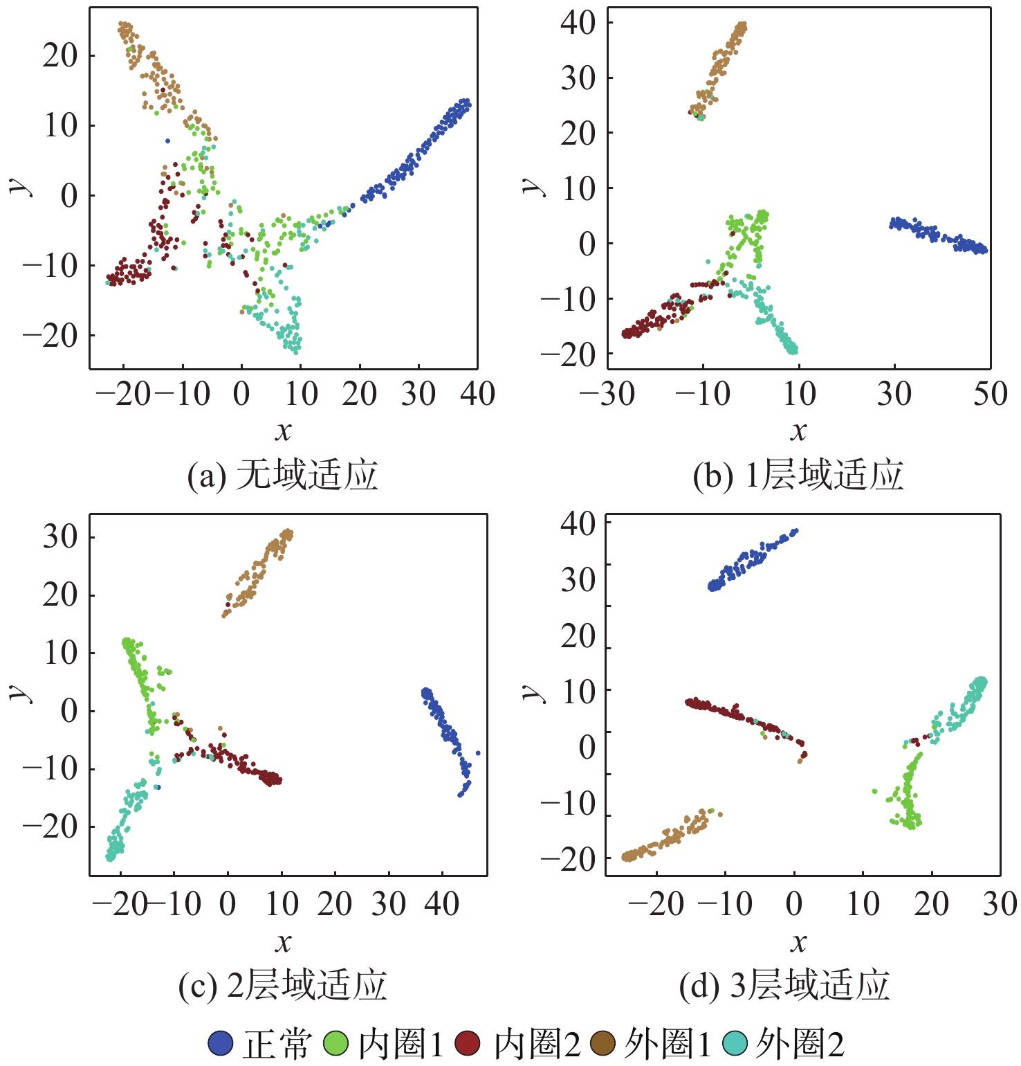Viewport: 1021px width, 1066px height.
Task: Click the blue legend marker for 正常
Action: click(x=221, y=1043)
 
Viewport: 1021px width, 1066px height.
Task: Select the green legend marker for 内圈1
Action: click(x=336, y=1043)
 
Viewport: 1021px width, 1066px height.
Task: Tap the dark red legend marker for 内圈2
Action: click(x=468, y=1043)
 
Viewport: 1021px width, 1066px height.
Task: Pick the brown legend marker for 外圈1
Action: click(x=603, y=1043)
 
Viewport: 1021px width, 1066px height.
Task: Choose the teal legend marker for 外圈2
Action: click(x=735, y=1043)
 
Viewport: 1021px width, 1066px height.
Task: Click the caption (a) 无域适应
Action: click(x=283, y=476)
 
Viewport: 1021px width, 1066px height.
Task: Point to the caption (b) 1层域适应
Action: click(x=798, y=476)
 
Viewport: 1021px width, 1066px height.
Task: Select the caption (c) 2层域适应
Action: click(x=283, y=986)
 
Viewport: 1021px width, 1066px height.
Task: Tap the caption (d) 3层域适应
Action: click(x=784, y=986)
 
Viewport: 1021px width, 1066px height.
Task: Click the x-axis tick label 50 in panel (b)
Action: click(x=990, y=395)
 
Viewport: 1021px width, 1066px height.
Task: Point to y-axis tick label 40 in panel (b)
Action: click(x=578, y=23)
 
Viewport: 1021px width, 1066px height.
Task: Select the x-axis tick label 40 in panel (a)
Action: click(x=477, y=395)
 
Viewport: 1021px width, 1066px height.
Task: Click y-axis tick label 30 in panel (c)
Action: click(x=60, y=536)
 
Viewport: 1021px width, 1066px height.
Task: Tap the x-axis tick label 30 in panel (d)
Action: click(x=1000, y=904)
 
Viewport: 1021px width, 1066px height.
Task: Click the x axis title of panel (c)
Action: click(x=283, y=942)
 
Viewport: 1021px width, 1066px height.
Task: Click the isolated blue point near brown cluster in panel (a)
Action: click(x=167, y=141)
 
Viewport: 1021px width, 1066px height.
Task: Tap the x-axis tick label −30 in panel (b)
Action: click(x=607, y=395)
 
